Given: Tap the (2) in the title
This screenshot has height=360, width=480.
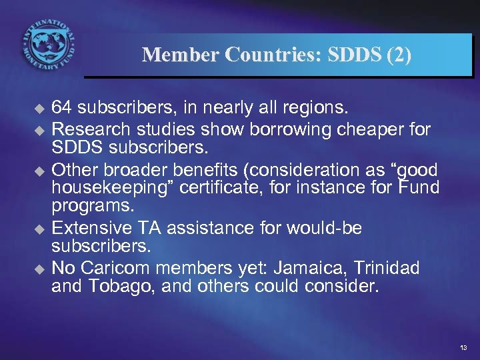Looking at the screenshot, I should click(x=399, y=55).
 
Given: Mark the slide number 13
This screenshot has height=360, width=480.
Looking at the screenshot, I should click(x=463, y=348).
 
